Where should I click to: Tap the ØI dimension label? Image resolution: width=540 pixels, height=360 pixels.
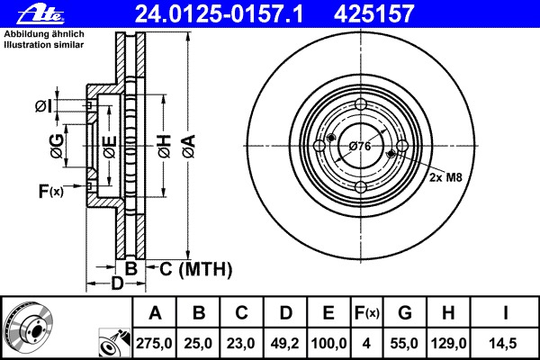[x=44, y=107]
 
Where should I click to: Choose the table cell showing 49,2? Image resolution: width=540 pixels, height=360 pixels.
[x=285, y=343]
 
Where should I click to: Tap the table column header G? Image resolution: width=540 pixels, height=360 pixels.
[x=405, y=314]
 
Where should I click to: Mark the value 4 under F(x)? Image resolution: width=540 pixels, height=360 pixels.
[x=367, y=343]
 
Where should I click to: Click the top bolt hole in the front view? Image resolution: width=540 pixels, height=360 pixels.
[x=360, y=103]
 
